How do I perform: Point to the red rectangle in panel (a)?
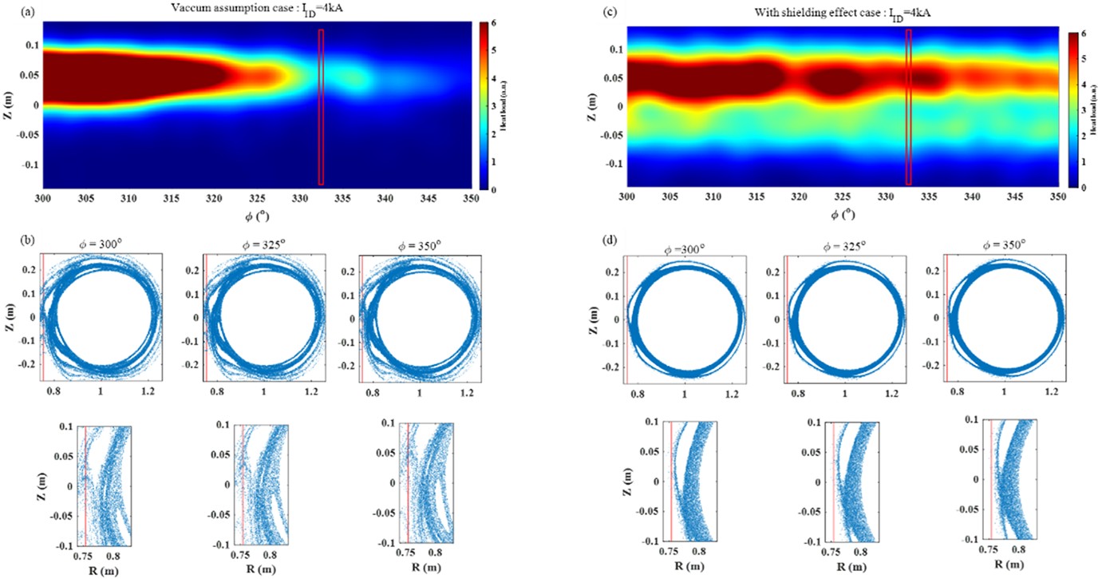pyautogui.click(x=321, y=106)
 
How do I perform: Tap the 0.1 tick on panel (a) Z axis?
pyautogui.click(x=30, y=46)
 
